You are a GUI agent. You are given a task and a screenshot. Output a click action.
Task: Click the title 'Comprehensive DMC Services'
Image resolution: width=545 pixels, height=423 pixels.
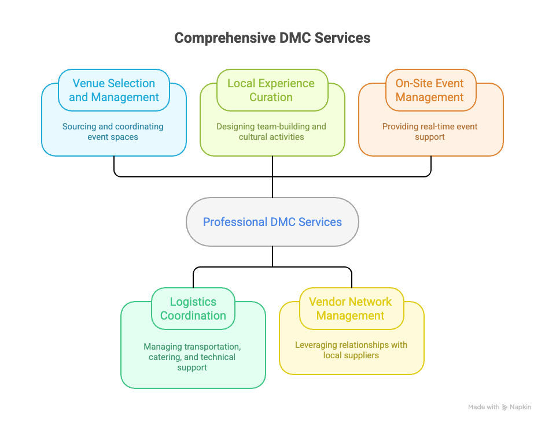pyautogui.click(x=272, y=38)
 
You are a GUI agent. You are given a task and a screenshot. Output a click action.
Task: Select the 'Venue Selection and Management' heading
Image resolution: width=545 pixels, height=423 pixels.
pyautogui.click(x=114, y=90)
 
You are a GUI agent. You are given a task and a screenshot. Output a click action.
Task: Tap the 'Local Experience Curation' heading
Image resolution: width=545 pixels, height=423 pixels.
pyautogui.click(x=271, y=90)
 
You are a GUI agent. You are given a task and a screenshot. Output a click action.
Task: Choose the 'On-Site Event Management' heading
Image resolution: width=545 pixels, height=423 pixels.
pyautogui.click(x=430, y=90)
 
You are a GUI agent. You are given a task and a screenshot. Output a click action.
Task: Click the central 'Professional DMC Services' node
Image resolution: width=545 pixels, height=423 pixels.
pyautogui.click(x=272, y=222)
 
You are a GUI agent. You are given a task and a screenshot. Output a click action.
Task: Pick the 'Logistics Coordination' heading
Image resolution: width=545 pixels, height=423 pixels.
pyautogui.click(x=193, y=309)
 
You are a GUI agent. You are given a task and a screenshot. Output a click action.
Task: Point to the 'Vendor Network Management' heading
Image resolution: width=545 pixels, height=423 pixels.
pyautogui.click(x=351, y=309)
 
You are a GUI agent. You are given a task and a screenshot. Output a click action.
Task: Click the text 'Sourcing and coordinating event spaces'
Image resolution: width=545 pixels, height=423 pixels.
pyautogui.click(x=113, y=132)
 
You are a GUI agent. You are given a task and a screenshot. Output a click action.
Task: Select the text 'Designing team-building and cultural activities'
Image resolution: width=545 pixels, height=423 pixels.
pyautogui.click(x=271, y=132)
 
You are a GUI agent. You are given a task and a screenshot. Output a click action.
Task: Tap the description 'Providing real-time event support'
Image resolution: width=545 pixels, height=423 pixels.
pyautogui.click(x=430, y=132)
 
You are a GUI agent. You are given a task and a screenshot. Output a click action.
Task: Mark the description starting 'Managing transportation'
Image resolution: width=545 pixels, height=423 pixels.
pyautogui.click(x=192, y=357)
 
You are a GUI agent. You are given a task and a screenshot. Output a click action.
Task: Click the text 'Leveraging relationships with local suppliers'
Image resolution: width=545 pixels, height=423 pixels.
pyautogui.click(x=351, y=350)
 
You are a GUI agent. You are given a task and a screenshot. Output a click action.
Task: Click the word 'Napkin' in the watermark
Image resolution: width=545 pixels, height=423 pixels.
pyautogui.click(x=521, y=407)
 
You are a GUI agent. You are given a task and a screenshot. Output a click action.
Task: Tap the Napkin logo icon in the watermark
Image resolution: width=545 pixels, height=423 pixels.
pyautogui.click(x=505, y=407)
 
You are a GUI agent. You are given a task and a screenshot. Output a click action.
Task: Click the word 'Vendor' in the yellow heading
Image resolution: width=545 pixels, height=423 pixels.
pyautogui.click(x=327, y=302)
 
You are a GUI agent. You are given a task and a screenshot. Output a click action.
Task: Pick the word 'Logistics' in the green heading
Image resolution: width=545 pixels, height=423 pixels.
pyautogui.click(x=193, y=302)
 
